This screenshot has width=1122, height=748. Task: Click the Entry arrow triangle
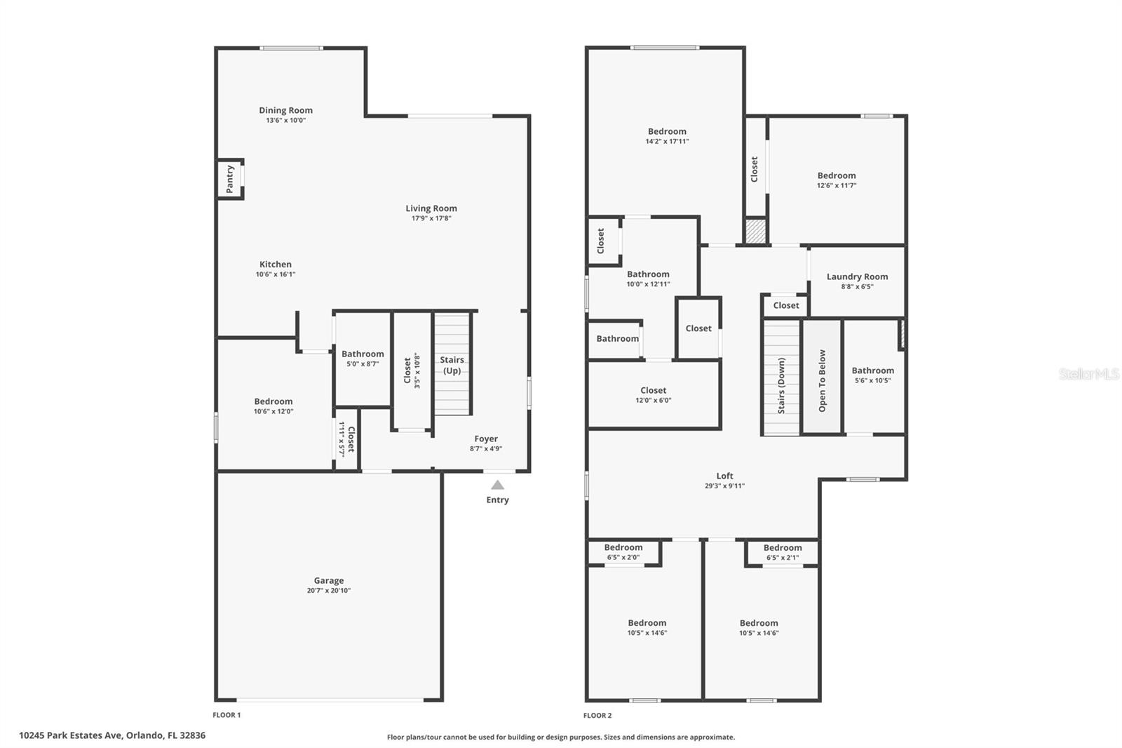point(497,485)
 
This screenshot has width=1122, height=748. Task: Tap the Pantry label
point(230,179)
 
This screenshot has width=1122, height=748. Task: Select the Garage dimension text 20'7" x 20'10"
point(329,591)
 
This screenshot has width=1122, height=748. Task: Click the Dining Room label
point(285,110)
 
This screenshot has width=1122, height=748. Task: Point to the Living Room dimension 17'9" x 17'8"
point(431,218)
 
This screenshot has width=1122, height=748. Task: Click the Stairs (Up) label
point(452,366)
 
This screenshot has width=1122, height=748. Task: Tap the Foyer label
point(486,439)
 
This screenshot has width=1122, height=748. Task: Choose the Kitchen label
point(276,265)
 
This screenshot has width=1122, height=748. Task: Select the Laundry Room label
point(857,276)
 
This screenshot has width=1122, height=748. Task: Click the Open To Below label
point(822,381)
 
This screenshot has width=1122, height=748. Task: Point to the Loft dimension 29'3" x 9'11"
point(725,486)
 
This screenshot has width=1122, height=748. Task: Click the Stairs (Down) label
point(781,385)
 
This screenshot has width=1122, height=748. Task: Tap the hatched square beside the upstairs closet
point(756,231)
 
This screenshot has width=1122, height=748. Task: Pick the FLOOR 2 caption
point(597,716)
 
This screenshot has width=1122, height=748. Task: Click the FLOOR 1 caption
point(227,715)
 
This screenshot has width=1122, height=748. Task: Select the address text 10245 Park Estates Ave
point(70,735)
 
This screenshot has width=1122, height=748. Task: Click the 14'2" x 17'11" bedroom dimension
point(667,141)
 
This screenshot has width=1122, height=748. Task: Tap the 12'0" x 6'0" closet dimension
point(653,400)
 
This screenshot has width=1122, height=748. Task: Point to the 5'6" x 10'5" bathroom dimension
point(872,380)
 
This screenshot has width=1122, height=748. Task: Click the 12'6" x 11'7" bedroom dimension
point(837,185)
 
